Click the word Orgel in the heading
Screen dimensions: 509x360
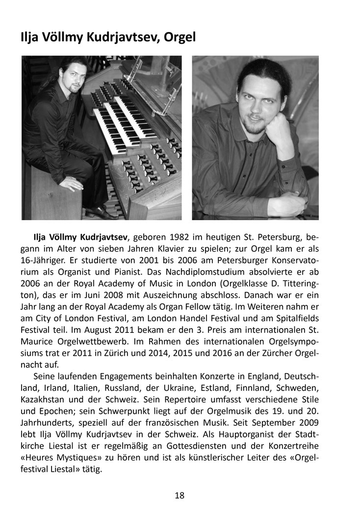pos(178,36)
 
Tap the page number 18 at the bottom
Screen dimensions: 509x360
pos(180,495)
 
